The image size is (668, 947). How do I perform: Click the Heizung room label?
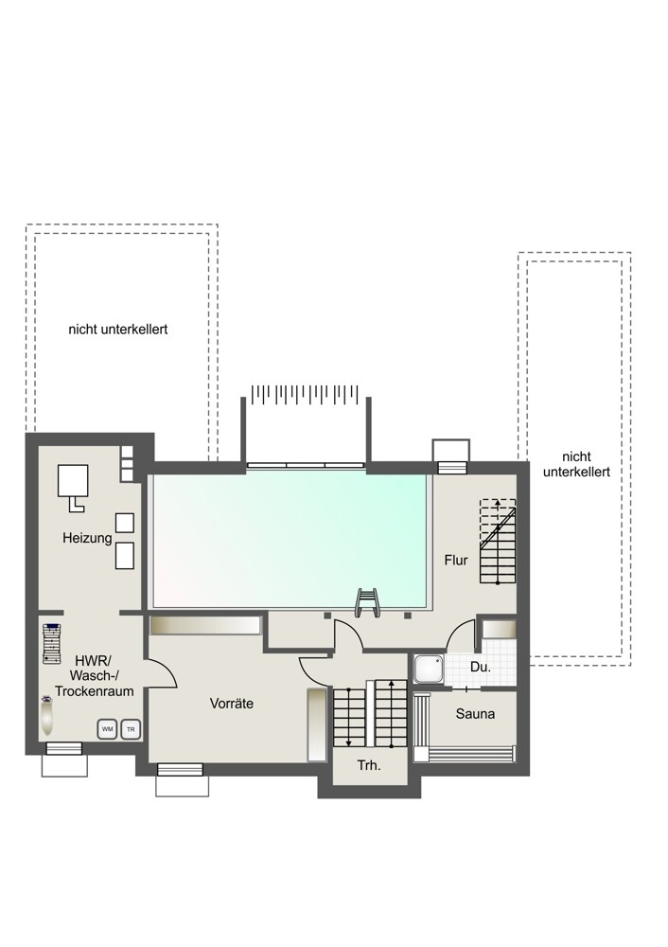[87, 538]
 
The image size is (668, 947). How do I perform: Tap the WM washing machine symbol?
[107, 729]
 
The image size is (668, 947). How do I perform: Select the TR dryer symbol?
[131, 729]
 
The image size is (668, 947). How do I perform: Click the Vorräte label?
[231, 703]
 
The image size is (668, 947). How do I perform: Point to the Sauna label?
[475, 713]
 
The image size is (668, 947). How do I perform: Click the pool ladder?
[367, 602]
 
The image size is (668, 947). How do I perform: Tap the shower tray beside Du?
[429, 670]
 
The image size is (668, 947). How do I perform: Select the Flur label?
[456, 560]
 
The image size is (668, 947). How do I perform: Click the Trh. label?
[369, 765]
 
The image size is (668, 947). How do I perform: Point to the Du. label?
[481, 668]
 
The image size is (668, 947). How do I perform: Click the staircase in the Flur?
[498, 541]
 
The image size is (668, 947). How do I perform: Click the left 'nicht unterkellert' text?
[117, 330]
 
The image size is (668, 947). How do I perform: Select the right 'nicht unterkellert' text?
[576, 464]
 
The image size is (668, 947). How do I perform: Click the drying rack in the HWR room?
[52, 643]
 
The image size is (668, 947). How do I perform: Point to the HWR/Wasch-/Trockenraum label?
[94, 675]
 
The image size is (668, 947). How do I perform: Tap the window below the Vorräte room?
[180, 769]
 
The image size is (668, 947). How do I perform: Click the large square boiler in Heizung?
[73, 480]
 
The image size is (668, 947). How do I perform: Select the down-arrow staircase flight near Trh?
[349, 718]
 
